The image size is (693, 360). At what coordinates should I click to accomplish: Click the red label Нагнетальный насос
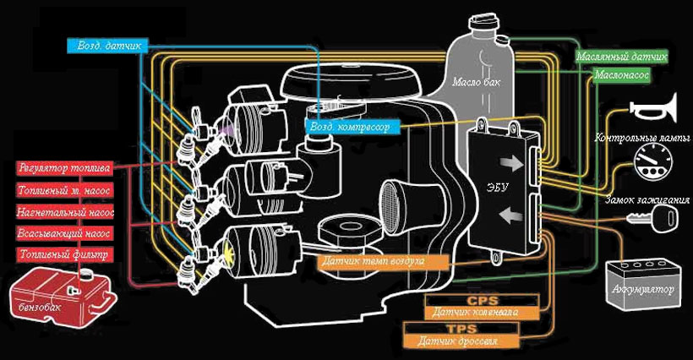point(65,210)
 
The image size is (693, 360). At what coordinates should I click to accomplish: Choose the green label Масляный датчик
point(623,57)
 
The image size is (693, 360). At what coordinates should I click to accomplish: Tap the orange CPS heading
point(483,299)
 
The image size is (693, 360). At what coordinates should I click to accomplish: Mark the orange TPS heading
point(460,328)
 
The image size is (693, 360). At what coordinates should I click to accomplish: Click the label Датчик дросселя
point(460,341)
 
